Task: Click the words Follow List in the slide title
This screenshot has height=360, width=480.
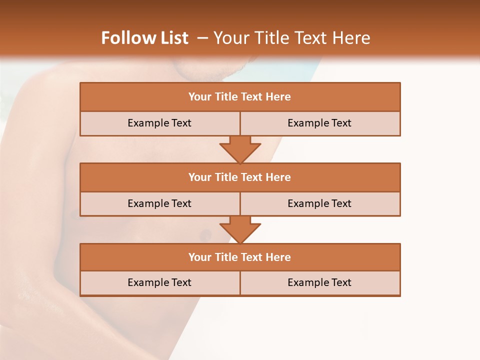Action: (144, 38)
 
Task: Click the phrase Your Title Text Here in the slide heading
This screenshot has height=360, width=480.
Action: (291, 38)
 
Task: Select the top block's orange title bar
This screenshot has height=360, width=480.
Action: (240, 97)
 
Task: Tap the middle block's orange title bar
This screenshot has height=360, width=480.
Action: (240, 177)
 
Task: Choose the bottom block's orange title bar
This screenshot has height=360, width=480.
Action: (240, 257)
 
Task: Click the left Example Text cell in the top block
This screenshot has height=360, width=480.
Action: (159, 123)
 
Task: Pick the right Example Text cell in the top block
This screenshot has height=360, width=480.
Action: (320, 123)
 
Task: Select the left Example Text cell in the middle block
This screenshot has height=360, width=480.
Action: (159, 203)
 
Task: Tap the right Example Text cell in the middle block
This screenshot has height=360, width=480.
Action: (320, 203)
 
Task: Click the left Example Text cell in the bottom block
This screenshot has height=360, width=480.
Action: (159, 282)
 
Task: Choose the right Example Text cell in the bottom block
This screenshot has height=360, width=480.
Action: (320, 282)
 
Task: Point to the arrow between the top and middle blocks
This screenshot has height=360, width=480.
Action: (240, 149)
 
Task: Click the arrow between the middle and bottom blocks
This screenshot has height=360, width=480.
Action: (240, 229)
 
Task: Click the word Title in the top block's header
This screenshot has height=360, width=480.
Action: (226, 97)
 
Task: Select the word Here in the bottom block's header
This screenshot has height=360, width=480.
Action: (278, 257)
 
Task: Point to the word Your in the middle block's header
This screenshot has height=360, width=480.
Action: (200, 177)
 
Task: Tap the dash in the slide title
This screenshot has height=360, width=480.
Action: (202, 38)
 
